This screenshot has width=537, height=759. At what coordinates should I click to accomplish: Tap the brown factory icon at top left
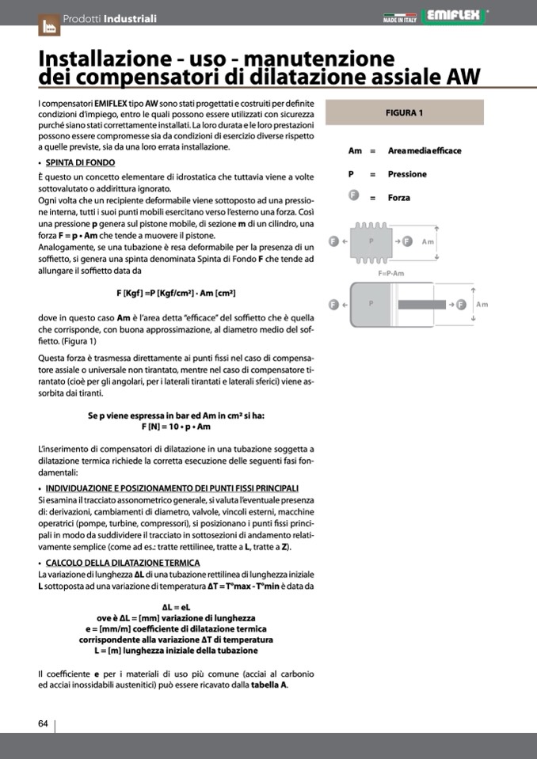[48, 25]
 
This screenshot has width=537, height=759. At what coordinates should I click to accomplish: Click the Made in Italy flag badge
[400, 17]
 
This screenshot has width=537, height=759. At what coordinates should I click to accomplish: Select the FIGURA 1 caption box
[404, 112]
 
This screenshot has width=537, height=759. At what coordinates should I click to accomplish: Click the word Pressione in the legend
[407, 174]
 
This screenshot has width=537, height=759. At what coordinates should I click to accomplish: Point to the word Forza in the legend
[399, 198]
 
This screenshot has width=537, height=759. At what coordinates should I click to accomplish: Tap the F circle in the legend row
[354, 197]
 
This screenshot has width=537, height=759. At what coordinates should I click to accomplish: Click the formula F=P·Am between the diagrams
[391, 273]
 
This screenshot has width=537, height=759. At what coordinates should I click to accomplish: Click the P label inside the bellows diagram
[371, 241]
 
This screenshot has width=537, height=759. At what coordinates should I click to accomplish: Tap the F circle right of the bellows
[408, 241]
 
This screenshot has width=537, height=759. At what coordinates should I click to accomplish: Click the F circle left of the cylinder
[333, 304]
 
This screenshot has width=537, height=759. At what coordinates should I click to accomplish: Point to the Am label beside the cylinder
[482, 304]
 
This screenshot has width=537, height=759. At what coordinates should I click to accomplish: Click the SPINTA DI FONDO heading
[80, 163]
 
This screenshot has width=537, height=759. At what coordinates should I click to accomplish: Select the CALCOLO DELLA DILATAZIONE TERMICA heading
[123, 563]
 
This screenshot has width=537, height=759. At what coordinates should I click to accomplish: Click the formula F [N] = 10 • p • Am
[176, 427]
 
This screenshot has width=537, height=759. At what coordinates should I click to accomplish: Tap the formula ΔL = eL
[176, 607]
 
